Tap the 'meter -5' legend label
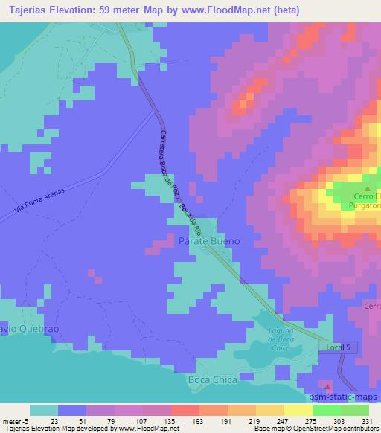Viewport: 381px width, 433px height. [17, 421]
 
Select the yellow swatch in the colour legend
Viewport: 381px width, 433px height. [298, 410]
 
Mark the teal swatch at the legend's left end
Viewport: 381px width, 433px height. [44, 410]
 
